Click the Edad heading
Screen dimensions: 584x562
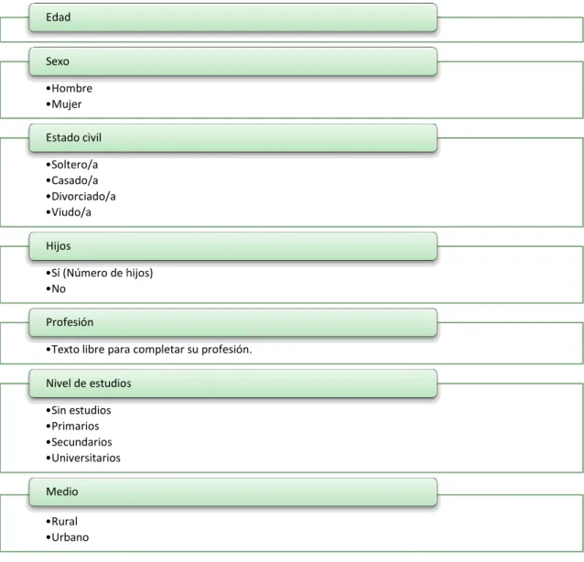point(58,17)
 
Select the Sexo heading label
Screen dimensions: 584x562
point(58,61)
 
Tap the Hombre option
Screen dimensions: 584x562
point(72,88)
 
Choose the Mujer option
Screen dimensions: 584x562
point(66,104)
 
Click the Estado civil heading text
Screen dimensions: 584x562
point(73,138)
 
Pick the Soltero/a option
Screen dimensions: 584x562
point(74,165)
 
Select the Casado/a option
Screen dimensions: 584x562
point(74,180)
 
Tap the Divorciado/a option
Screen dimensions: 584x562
point(83,196)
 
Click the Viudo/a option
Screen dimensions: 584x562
point(71,212)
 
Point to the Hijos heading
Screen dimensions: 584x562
point(58,246)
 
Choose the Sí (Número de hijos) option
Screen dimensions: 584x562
point(102,273)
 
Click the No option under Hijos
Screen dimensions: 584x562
point(59,289)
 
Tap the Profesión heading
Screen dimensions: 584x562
point(70,322)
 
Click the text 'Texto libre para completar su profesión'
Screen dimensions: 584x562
point(150,350)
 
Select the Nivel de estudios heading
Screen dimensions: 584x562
point(88,384)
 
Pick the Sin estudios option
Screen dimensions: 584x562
point(81,410)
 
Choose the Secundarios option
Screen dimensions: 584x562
point(81,442)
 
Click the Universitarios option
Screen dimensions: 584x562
point(86,458)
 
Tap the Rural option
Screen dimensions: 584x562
point(64,522)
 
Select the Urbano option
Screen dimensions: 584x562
point(70,537)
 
